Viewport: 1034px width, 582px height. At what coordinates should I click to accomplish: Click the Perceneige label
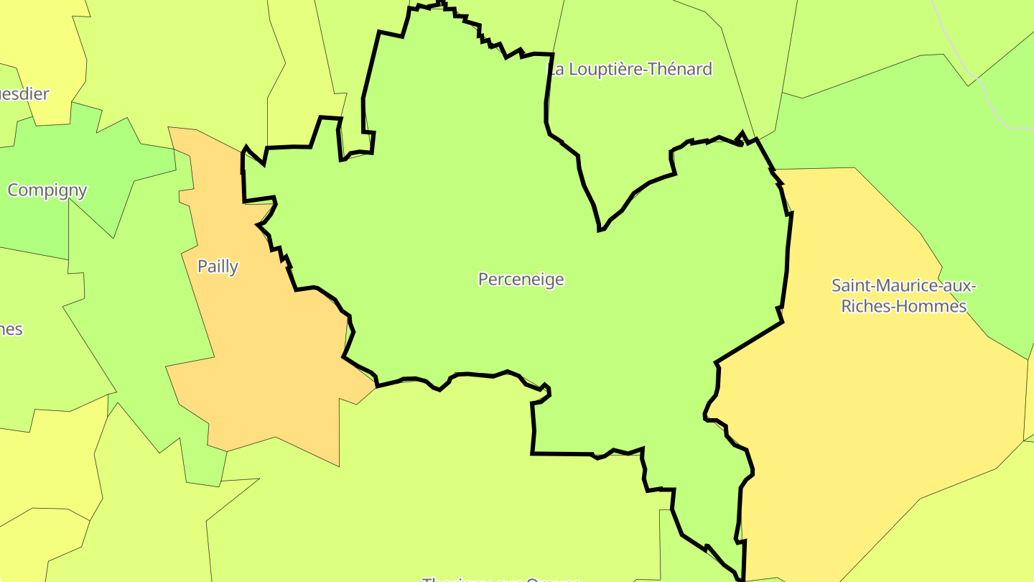tap(521, 280)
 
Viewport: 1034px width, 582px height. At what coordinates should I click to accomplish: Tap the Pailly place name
tap(218, 267)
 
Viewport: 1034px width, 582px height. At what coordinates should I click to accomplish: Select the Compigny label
tap(47, 190)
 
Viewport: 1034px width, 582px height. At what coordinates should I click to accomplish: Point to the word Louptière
tap(603, 69)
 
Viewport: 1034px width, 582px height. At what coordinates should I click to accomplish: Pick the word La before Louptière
tap(555, 69)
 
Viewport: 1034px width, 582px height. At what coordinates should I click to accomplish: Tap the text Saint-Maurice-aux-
tap(903, 285)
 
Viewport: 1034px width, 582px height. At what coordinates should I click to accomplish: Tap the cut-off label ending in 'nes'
tap(11, 330)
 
